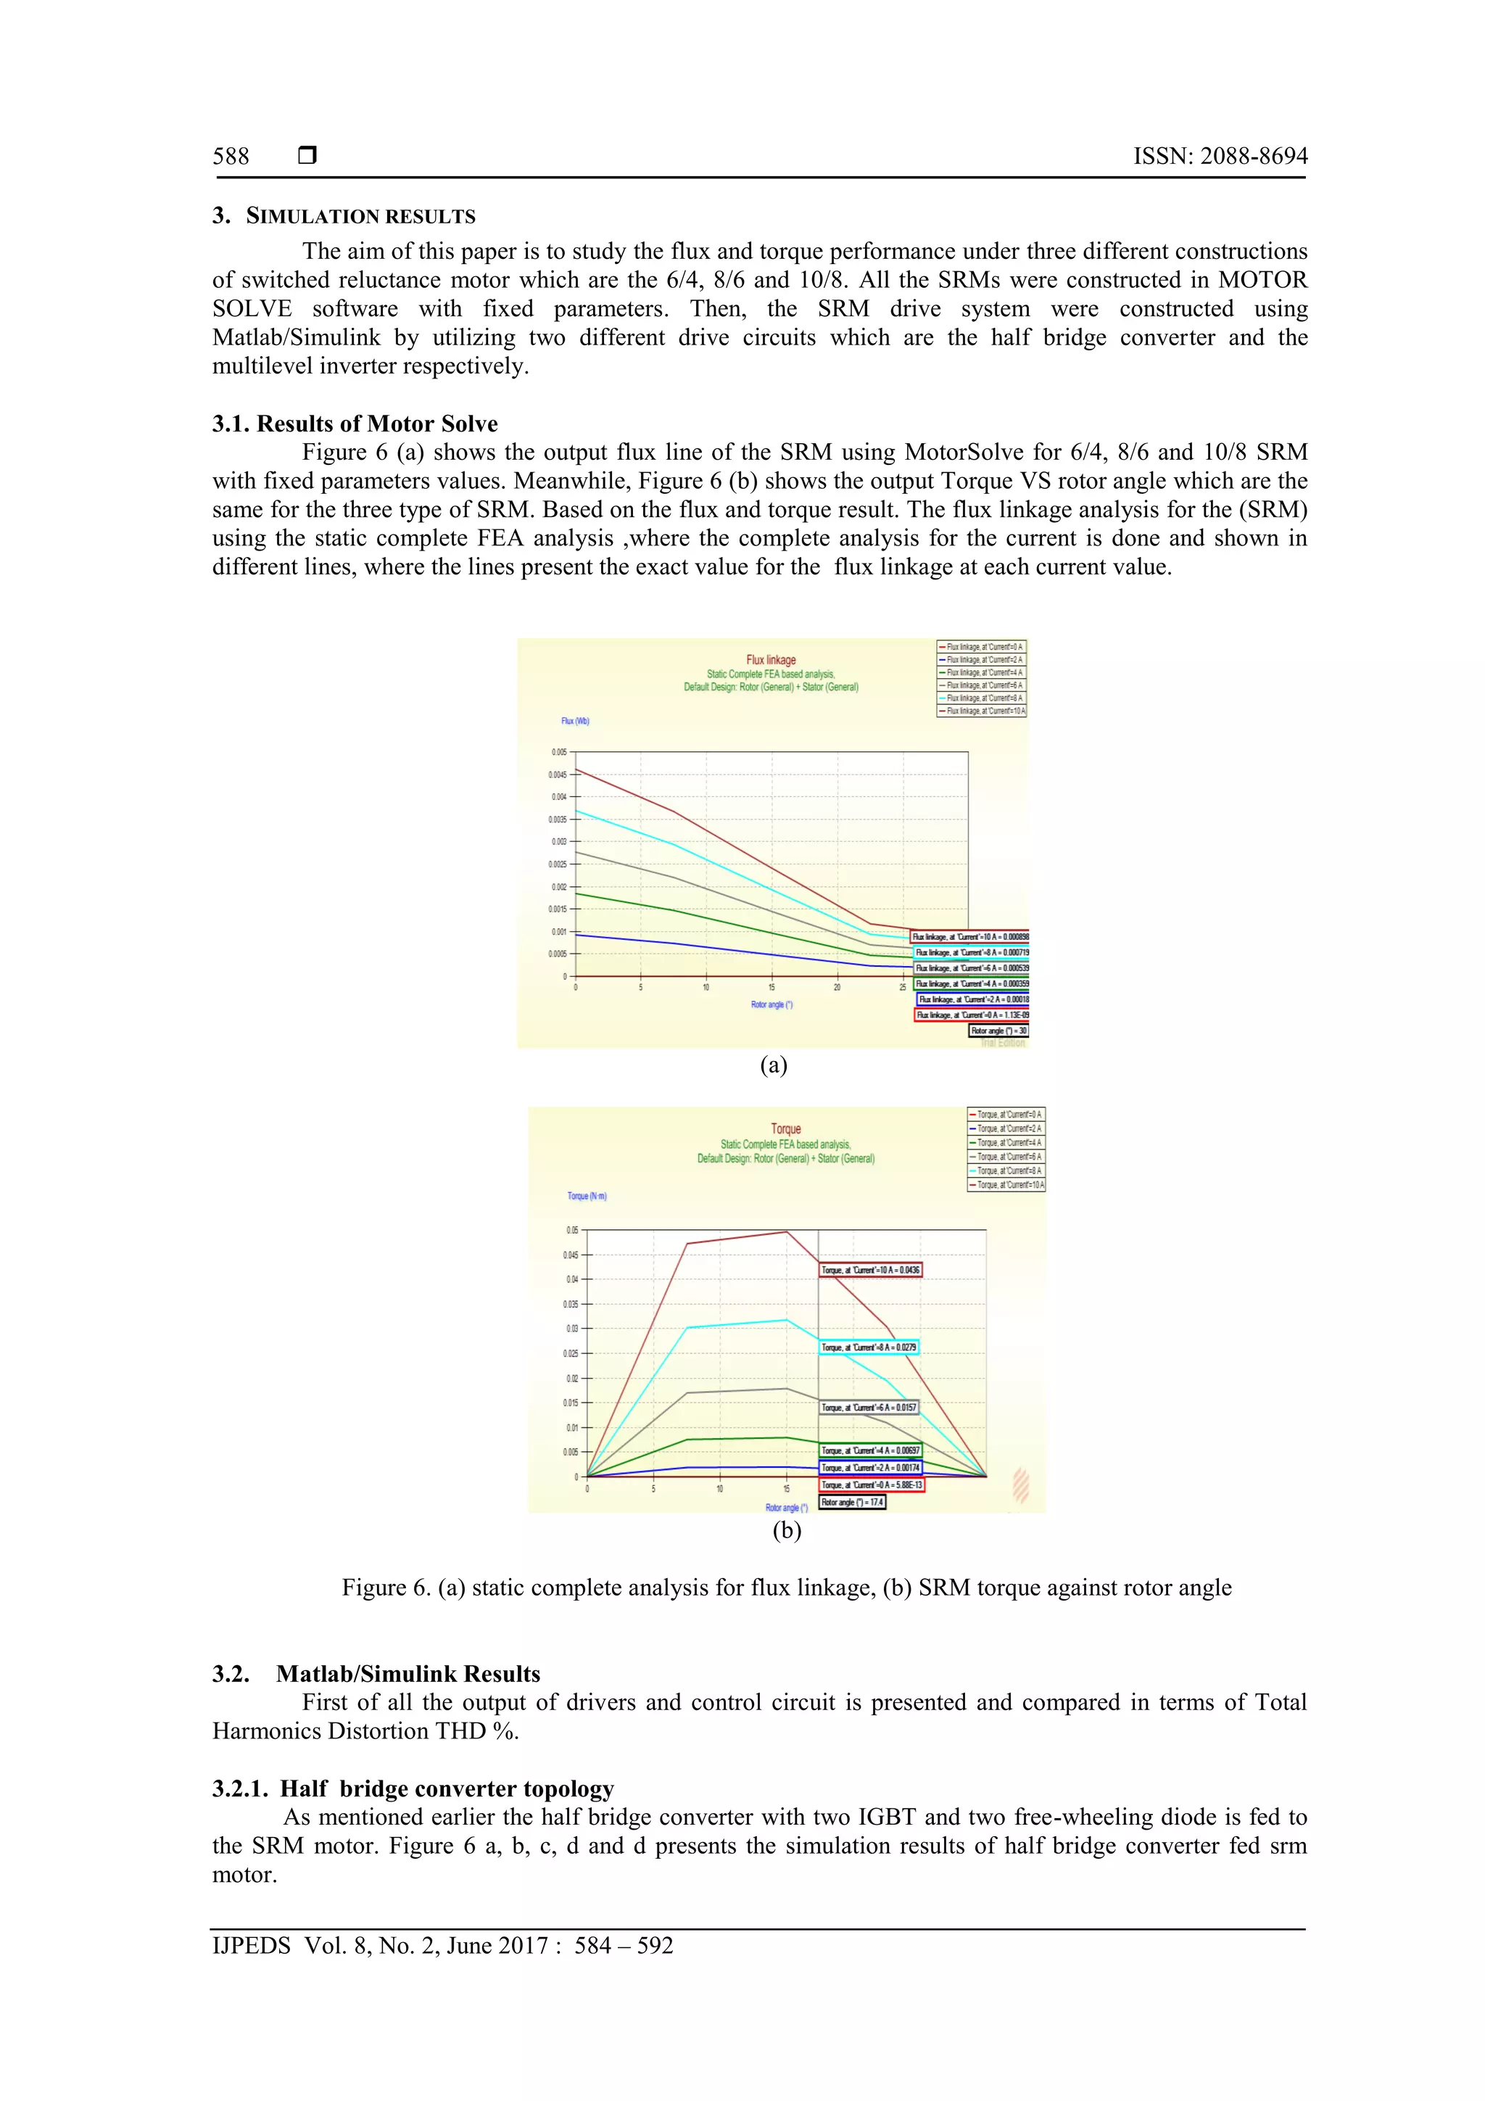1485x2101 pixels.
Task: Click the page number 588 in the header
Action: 231,157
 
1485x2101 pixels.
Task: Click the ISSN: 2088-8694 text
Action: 1220,157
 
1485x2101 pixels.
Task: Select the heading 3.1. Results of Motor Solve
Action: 355,424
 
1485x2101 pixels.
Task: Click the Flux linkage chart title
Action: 770,660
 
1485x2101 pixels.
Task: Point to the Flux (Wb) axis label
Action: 576,721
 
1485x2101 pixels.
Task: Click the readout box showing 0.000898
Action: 971,937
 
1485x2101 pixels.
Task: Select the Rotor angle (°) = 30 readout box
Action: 999,1031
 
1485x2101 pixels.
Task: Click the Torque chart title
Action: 785,1129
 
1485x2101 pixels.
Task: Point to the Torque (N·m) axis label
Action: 587,1196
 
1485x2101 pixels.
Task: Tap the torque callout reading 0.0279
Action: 869,1347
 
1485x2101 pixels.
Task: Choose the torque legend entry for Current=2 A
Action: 1006,1128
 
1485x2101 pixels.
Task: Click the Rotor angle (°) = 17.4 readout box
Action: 852,1502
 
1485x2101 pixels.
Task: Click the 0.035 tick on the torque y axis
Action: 571,1304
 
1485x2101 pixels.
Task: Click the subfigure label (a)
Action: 773,1065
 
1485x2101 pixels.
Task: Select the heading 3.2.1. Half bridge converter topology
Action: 413,1789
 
